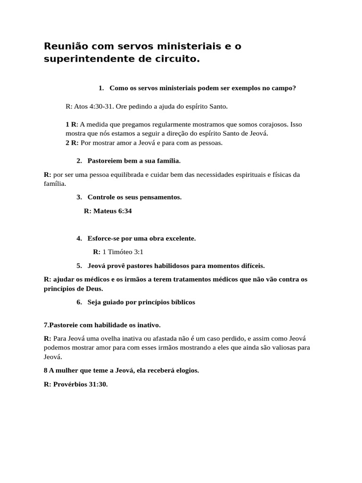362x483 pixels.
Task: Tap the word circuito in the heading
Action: (x=174, y=60)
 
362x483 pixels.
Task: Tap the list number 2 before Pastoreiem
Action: (x=79, y=161)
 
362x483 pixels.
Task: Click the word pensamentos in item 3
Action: (x=159, y=197)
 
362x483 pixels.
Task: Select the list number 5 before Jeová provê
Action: (x=79, y=266)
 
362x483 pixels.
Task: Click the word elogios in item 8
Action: (x=186, y=370)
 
